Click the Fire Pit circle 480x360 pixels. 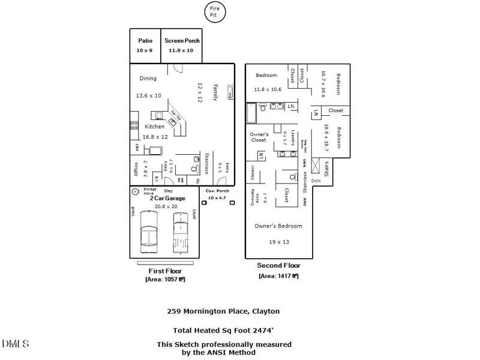[214, 12]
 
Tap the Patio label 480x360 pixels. [145, 41]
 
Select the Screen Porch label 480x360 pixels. [182, 41]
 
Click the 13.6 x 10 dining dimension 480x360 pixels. [148, 95]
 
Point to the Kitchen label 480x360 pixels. [155, 127]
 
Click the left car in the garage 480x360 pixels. [149, 233]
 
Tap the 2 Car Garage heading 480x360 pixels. [167, 198]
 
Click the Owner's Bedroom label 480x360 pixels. [278, 226]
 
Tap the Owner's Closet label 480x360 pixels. [259, 137]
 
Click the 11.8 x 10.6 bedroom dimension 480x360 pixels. [268, 89]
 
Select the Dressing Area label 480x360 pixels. [256, 196]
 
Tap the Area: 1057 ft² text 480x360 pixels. [165, 280]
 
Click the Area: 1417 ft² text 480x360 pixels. [278, 276]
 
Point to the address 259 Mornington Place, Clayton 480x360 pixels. [223, 311]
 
